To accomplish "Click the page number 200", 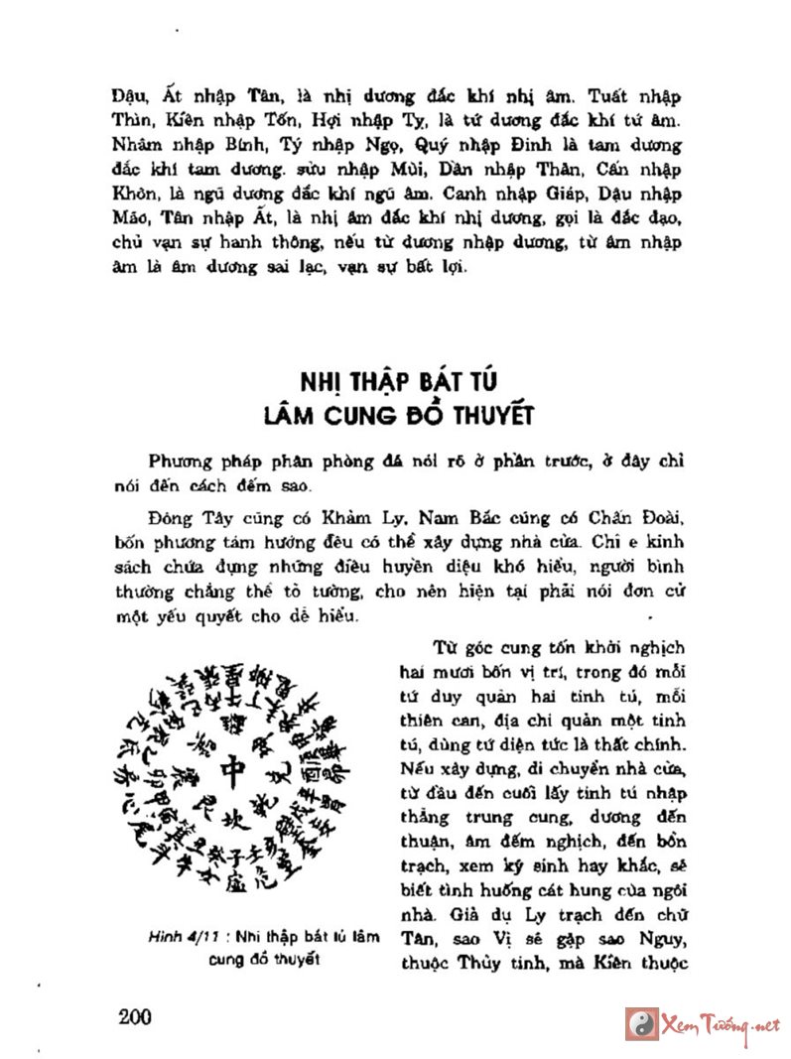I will click(132, 1015).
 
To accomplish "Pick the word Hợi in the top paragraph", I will click(321, 123).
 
